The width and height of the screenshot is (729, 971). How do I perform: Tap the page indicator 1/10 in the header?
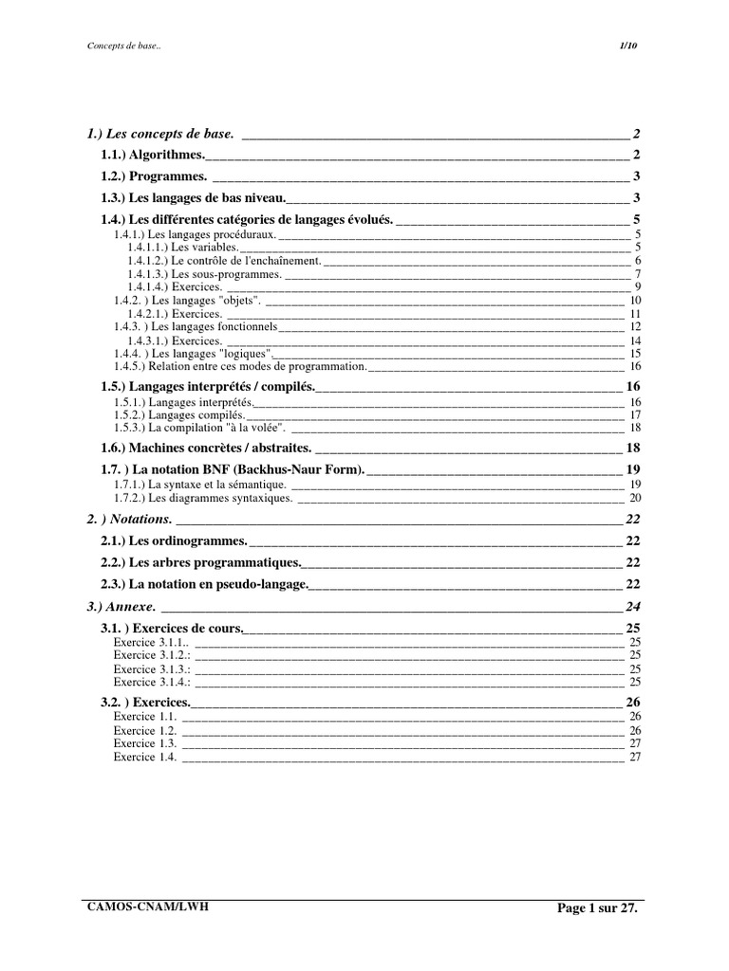[x=629, y=46]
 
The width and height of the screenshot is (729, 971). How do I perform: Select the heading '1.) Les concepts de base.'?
[x=160, y=134]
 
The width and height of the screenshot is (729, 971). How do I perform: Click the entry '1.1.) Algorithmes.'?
[x=153, y=155]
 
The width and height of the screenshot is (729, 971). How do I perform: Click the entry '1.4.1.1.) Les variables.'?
[x=183, y=247]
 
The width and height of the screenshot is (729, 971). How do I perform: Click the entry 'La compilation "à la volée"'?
[x=200, y=428]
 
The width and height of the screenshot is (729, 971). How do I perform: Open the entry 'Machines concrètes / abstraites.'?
[x=206, y=448]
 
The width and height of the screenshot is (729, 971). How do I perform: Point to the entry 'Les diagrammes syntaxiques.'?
[x=203, y=498]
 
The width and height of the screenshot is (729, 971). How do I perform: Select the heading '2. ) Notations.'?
[x=129, y=520]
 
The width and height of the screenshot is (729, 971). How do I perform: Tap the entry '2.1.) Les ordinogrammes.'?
[x=175, y=540]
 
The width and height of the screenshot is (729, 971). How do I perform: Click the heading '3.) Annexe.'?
[x=121, y=607]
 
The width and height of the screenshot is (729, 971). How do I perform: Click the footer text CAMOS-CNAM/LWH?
[x=147, y=907]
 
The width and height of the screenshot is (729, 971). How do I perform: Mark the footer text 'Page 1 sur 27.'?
[x=598, y=908]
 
